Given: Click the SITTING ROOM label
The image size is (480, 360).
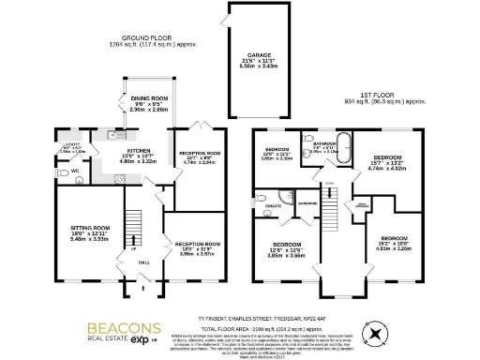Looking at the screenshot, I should [x=91, y=227].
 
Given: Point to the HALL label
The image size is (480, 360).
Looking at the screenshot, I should [x=143, y=264].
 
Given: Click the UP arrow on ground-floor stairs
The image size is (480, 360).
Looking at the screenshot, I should [x=131, y=249].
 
